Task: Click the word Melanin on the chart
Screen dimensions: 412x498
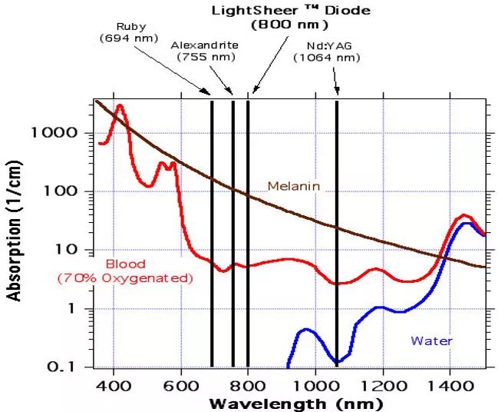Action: pyautogui.click(x=293, y=186)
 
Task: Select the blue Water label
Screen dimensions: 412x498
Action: pyautogui.click(x=431, y=341)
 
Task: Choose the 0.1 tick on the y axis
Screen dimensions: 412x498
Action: pyautogui.click(x=61, y=367)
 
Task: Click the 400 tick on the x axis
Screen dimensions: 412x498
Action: pyautogui.click(x=114, y=384)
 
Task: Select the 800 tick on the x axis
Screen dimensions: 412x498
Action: pyautogui.click(x=248, y=384)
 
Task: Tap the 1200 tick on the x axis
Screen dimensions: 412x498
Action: pyautogui.click(x=381, y=384)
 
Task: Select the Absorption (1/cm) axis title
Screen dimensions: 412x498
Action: pyautogui.click(x=15, y=231)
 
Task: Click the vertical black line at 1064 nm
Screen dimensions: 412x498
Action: pyautogui.click(x=337, y=231)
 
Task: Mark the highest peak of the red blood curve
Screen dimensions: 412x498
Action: pyautogui.click(x=120, y=106)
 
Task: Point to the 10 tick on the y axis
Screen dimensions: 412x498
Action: pyautogui.click(x=65, y=250)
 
